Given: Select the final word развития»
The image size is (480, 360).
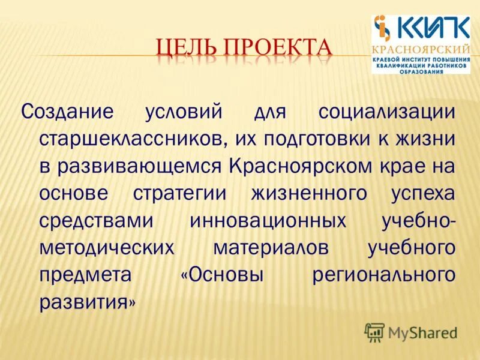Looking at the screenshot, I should click(x=88, y=301).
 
